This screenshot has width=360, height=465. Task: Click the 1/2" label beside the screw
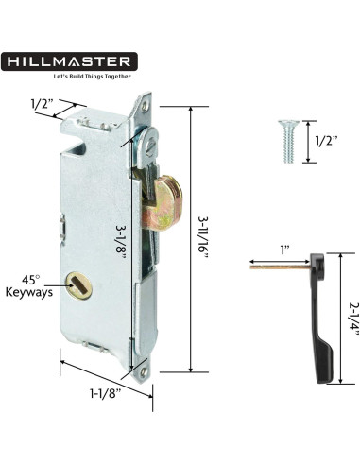tap(326, 142)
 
